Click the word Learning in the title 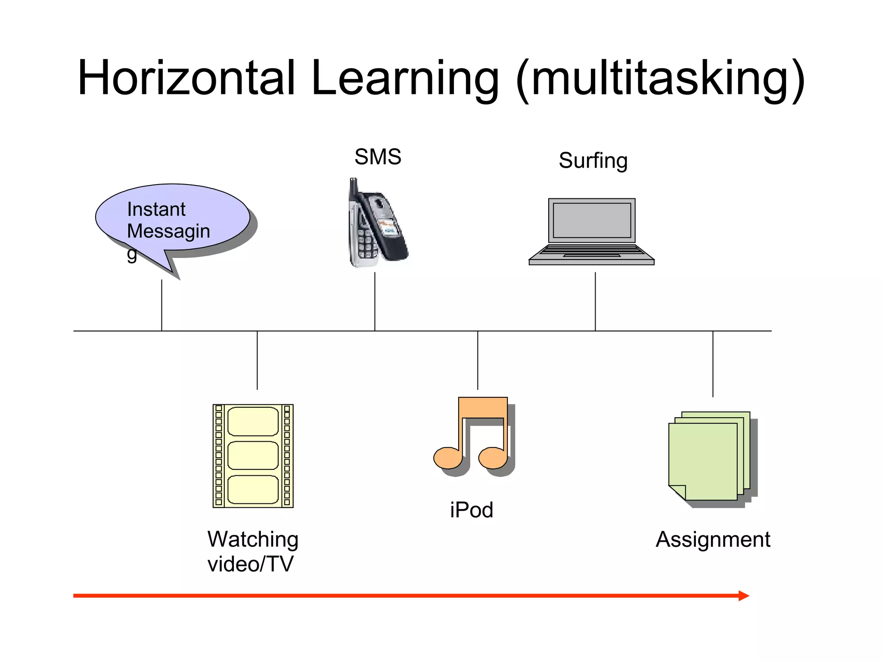pos(405,78)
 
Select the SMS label pos(378,157)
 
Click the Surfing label pos(593,160)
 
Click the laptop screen pos(592,220)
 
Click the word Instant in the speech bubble pos(156,209)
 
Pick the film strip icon pos(253,456)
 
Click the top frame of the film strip pos(253,421)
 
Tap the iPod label pos(472,510)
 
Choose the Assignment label pos(713,540)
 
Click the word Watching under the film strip pos(253,540)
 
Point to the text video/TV pos(250,564)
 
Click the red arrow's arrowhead pos(743,596)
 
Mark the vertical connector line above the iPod pos(478,360)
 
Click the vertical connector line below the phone pos(375,302)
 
